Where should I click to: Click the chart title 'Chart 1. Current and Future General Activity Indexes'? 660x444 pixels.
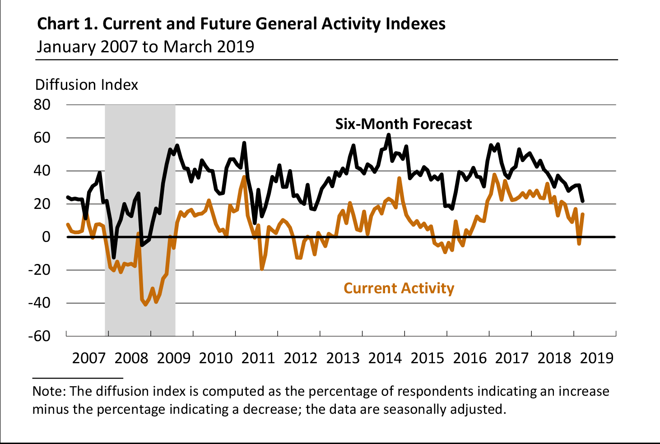241,23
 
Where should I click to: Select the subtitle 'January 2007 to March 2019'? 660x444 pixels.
145,46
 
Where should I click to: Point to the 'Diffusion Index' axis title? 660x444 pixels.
86,85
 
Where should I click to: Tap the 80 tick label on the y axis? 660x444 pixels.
42,105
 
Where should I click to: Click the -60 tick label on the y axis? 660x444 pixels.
39,336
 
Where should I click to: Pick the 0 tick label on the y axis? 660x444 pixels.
46,237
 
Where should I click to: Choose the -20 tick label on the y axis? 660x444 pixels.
39,270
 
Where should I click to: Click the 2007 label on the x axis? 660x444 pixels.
89,358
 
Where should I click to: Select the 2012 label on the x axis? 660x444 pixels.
300,358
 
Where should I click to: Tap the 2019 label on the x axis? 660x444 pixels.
597,358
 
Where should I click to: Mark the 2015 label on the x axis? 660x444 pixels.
428,358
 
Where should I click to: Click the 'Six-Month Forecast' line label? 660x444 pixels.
403,124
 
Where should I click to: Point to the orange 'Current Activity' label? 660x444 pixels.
399,288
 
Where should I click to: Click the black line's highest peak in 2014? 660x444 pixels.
389,134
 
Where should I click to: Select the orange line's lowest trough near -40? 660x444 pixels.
145,305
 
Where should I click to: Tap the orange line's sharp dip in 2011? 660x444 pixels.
262,269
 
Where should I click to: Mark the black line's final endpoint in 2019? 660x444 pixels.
583,201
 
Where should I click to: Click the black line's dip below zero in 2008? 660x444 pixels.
113,257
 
